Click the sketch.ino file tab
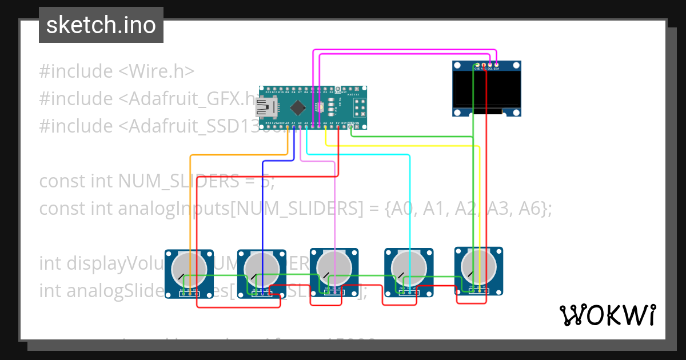pyautogui.click(x=101, y=25)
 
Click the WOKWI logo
pyautogui.click(x=607, y=315)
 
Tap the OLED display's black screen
pyautogui.click(x=486, y=89)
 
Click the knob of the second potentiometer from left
pyautogui.click(x=261, y=267)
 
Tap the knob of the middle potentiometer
pyautogui.click(x=334, y=266)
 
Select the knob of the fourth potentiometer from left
pyautogui.click(x=408, y=266)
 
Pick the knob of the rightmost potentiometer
pyautogui.click(x=478, y=265)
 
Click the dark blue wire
pyautogui.click(x=262, y=200)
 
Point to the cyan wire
pyautogui.click(x=409, y=200)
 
